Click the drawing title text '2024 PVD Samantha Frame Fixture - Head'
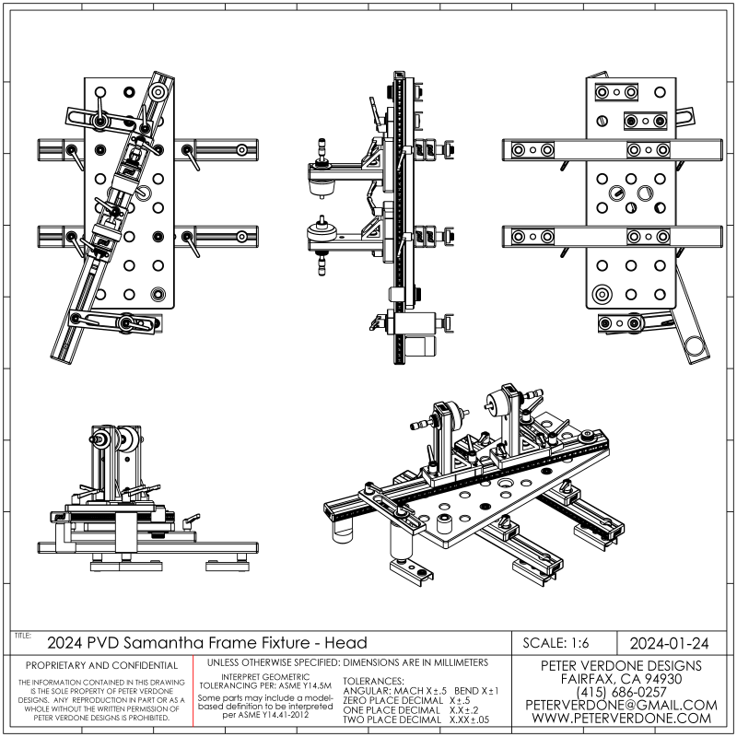pyautogui.click(x=206, y=642)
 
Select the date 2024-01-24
pyautogui.click(x=667, y=642)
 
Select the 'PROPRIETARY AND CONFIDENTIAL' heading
pyautogui.click(x=101, y=665)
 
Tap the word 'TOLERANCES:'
pyautogui.click(x=380, y=680)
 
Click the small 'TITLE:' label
pyautogui.click(x=22, y=636)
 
